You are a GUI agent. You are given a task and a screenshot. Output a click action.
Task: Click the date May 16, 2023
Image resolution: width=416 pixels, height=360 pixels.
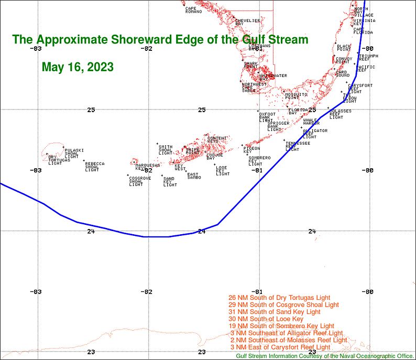click(78, 68)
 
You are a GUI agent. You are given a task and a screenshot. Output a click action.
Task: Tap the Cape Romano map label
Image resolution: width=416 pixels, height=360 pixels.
click(194, 10)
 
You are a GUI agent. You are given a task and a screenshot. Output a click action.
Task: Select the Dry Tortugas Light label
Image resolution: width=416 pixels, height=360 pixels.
click(55, 160)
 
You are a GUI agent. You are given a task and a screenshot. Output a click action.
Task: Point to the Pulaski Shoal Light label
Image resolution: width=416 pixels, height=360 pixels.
click(73, 154)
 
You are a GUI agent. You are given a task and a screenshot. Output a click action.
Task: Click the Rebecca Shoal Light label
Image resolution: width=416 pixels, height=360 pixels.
click(94, 167)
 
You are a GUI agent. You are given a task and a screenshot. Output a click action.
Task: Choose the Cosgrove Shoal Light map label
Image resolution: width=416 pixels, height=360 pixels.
click(139, 181)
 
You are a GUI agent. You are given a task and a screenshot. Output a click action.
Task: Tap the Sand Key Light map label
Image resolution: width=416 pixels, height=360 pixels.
click(170, 182)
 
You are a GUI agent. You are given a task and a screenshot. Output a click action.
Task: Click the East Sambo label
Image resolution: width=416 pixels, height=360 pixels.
click(194, 176)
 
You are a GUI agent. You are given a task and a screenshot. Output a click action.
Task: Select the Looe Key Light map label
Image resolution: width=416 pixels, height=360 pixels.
click(223, 170)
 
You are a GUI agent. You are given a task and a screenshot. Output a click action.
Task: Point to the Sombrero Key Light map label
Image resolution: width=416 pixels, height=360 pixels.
click(259, 161)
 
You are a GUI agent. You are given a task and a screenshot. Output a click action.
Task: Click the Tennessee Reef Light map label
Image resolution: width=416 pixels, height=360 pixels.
click(297, 146)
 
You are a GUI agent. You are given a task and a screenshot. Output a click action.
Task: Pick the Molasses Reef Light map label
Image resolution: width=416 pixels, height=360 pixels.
click(341, 114)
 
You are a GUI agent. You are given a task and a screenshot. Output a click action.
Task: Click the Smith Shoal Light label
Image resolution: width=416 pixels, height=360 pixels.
click(165, 150)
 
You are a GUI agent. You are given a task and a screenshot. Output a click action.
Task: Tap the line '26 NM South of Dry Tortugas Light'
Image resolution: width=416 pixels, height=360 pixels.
click(280, 298)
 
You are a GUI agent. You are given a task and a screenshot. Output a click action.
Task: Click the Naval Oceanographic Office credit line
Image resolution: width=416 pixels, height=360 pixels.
click(325, 356)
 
